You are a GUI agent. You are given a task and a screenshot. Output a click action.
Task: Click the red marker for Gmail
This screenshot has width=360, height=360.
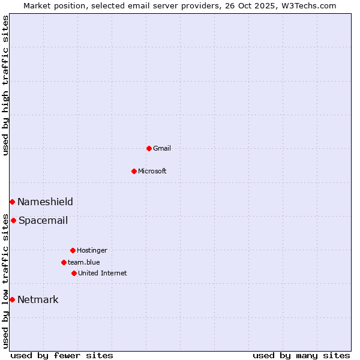(149, 148)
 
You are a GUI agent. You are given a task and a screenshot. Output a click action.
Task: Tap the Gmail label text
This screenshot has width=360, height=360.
(162, 149)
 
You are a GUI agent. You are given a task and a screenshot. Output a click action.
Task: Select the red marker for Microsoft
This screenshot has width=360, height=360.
(134, 171)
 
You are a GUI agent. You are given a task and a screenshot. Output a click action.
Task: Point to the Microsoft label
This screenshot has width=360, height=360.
(152, 172)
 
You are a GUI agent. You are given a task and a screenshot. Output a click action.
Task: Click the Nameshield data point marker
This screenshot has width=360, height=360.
(12, 202)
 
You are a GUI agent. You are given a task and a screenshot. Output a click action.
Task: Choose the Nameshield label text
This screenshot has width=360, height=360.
(45, 202)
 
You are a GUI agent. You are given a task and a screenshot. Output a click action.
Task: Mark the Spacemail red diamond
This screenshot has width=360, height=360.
(13, 220)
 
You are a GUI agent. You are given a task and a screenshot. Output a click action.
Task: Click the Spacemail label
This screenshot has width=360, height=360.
(43, 221)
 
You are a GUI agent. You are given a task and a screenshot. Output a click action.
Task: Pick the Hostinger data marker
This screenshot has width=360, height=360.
(73, 250)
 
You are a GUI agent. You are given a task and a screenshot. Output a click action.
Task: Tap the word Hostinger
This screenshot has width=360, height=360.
(92, 251)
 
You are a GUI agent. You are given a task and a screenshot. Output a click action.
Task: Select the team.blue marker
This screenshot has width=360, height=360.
(64, 262)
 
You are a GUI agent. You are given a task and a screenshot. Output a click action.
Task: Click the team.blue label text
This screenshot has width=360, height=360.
(84, 263)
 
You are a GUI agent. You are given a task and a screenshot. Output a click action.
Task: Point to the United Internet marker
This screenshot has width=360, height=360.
(74, 273)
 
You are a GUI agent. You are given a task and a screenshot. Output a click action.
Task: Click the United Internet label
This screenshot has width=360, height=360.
(103, 274)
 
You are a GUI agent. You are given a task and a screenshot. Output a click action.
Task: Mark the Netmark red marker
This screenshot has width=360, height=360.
(12, 299)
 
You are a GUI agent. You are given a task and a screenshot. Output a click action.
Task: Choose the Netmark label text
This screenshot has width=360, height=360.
(38, 300)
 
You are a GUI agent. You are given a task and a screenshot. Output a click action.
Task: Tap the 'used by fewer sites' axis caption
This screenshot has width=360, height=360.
(62, 356)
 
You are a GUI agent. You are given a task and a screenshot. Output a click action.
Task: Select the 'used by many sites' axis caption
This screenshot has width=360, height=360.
(301, 356)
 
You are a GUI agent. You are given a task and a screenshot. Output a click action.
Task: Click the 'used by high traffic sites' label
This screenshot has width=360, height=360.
(6, 85)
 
